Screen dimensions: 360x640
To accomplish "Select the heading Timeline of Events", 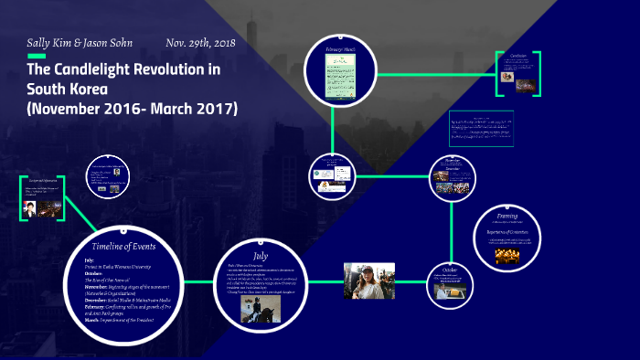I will [x=124, y=247].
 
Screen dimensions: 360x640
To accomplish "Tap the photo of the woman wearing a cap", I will [x=369, y=281].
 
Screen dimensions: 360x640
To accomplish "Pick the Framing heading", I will [x=507, y=217].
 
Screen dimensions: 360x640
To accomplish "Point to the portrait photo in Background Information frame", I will [x=29, y=208].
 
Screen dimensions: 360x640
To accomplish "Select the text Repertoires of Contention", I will [x=507, y=233].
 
